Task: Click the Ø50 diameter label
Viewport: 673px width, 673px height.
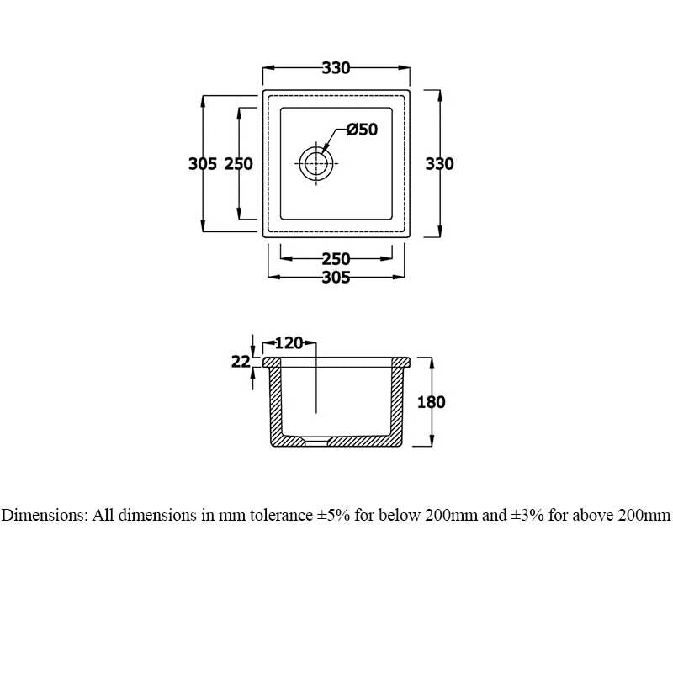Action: [362, 130]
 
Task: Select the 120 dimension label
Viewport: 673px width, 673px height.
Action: [289, 342]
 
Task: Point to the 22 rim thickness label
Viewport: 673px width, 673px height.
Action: [241, 362]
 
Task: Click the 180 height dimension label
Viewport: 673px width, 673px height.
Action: [431, 402]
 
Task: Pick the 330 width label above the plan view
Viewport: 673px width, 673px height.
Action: [335, 68]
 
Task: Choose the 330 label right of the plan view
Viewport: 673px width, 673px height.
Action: [439, 164]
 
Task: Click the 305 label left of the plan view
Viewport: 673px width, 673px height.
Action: [203, 164]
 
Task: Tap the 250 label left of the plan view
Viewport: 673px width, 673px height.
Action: [239, 164]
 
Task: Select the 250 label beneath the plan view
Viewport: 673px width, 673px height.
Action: [336, 259]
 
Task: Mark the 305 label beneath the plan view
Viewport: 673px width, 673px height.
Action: [336, 278]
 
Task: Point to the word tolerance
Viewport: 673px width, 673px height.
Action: [276, 516]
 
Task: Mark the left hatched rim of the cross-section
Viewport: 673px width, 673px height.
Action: [273, 362]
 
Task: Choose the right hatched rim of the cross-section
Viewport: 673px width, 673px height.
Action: [400, 362]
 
